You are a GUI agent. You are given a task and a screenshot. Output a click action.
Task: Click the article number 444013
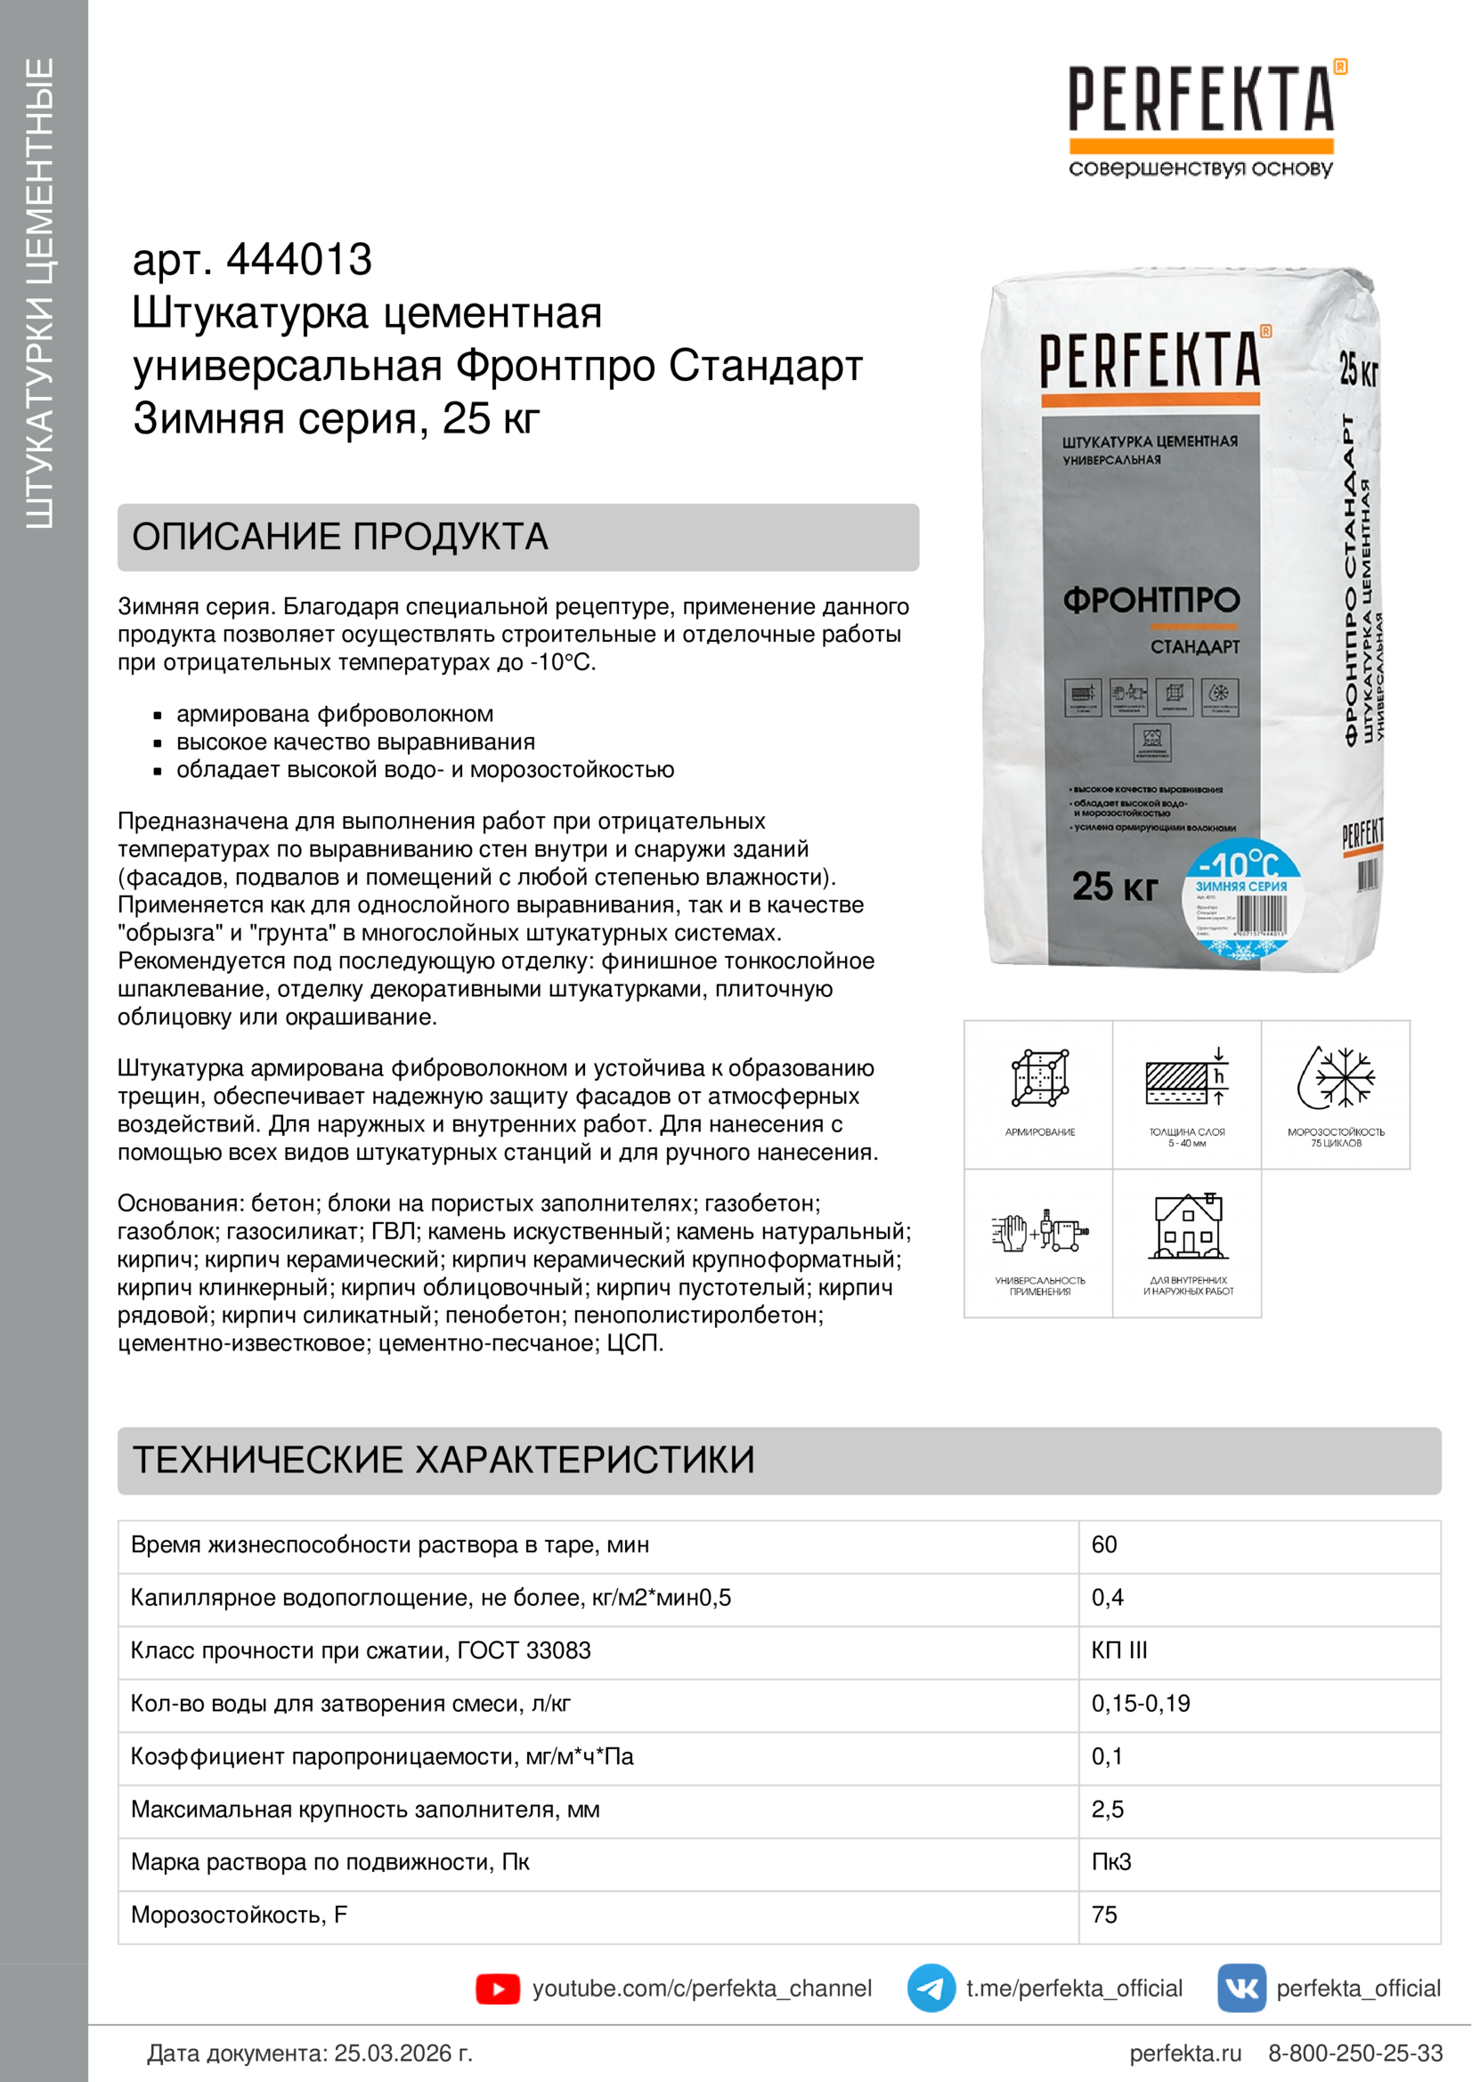point(298,260)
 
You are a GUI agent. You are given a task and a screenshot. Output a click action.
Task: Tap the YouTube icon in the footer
point(498,1989)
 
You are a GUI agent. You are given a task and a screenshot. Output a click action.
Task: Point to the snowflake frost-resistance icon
point(1336,1079)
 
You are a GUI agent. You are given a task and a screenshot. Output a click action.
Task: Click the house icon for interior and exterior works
point(1188,1227)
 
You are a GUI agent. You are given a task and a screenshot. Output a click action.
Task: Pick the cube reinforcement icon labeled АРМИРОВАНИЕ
point(1039,1079)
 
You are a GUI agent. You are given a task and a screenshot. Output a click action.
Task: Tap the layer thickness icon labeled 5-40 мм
point(1187,1079)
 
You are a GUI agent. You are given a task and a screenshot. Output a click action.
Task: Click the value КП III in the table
point(1119,1650)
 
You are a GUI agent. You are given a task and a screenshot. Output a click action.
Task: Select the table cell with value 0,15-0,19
point(1140,1703)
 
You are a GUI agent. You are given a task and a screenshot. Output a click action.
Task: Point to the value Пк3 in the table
point(1111,1861)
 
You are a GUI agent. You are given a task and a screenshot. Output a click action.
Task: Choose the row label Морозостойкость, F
point(240,1915)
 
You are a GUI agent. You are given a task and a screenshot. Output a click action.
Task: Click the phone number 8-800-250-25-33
point(1355,2053)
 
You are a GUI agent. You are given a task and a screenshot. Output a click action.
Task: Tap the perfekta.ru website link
point(1184,2053)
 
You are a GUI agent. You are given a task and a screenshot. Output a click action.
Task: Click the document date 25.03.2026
point(403,2053)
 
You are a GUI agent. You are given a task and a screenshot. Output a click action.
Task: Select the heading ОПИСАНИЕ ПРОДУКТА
point(340,537)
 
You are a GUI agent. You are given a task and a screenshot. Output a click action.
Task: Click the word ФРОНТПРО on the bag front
point(1151,600)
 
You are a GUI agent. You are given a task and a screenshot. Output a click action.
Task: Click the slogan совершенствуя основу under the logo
point(1200,168)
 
